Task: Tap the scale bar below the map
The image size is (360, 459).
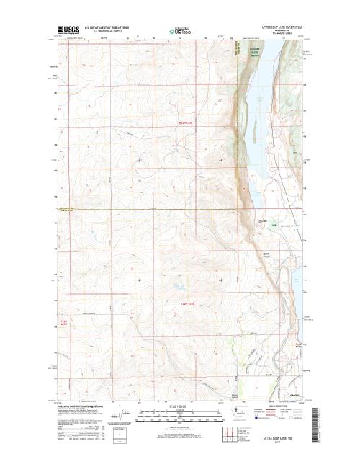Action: click(176, 416)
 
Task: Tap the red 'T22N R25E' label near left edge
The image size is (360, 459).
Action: click(63, 322)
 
